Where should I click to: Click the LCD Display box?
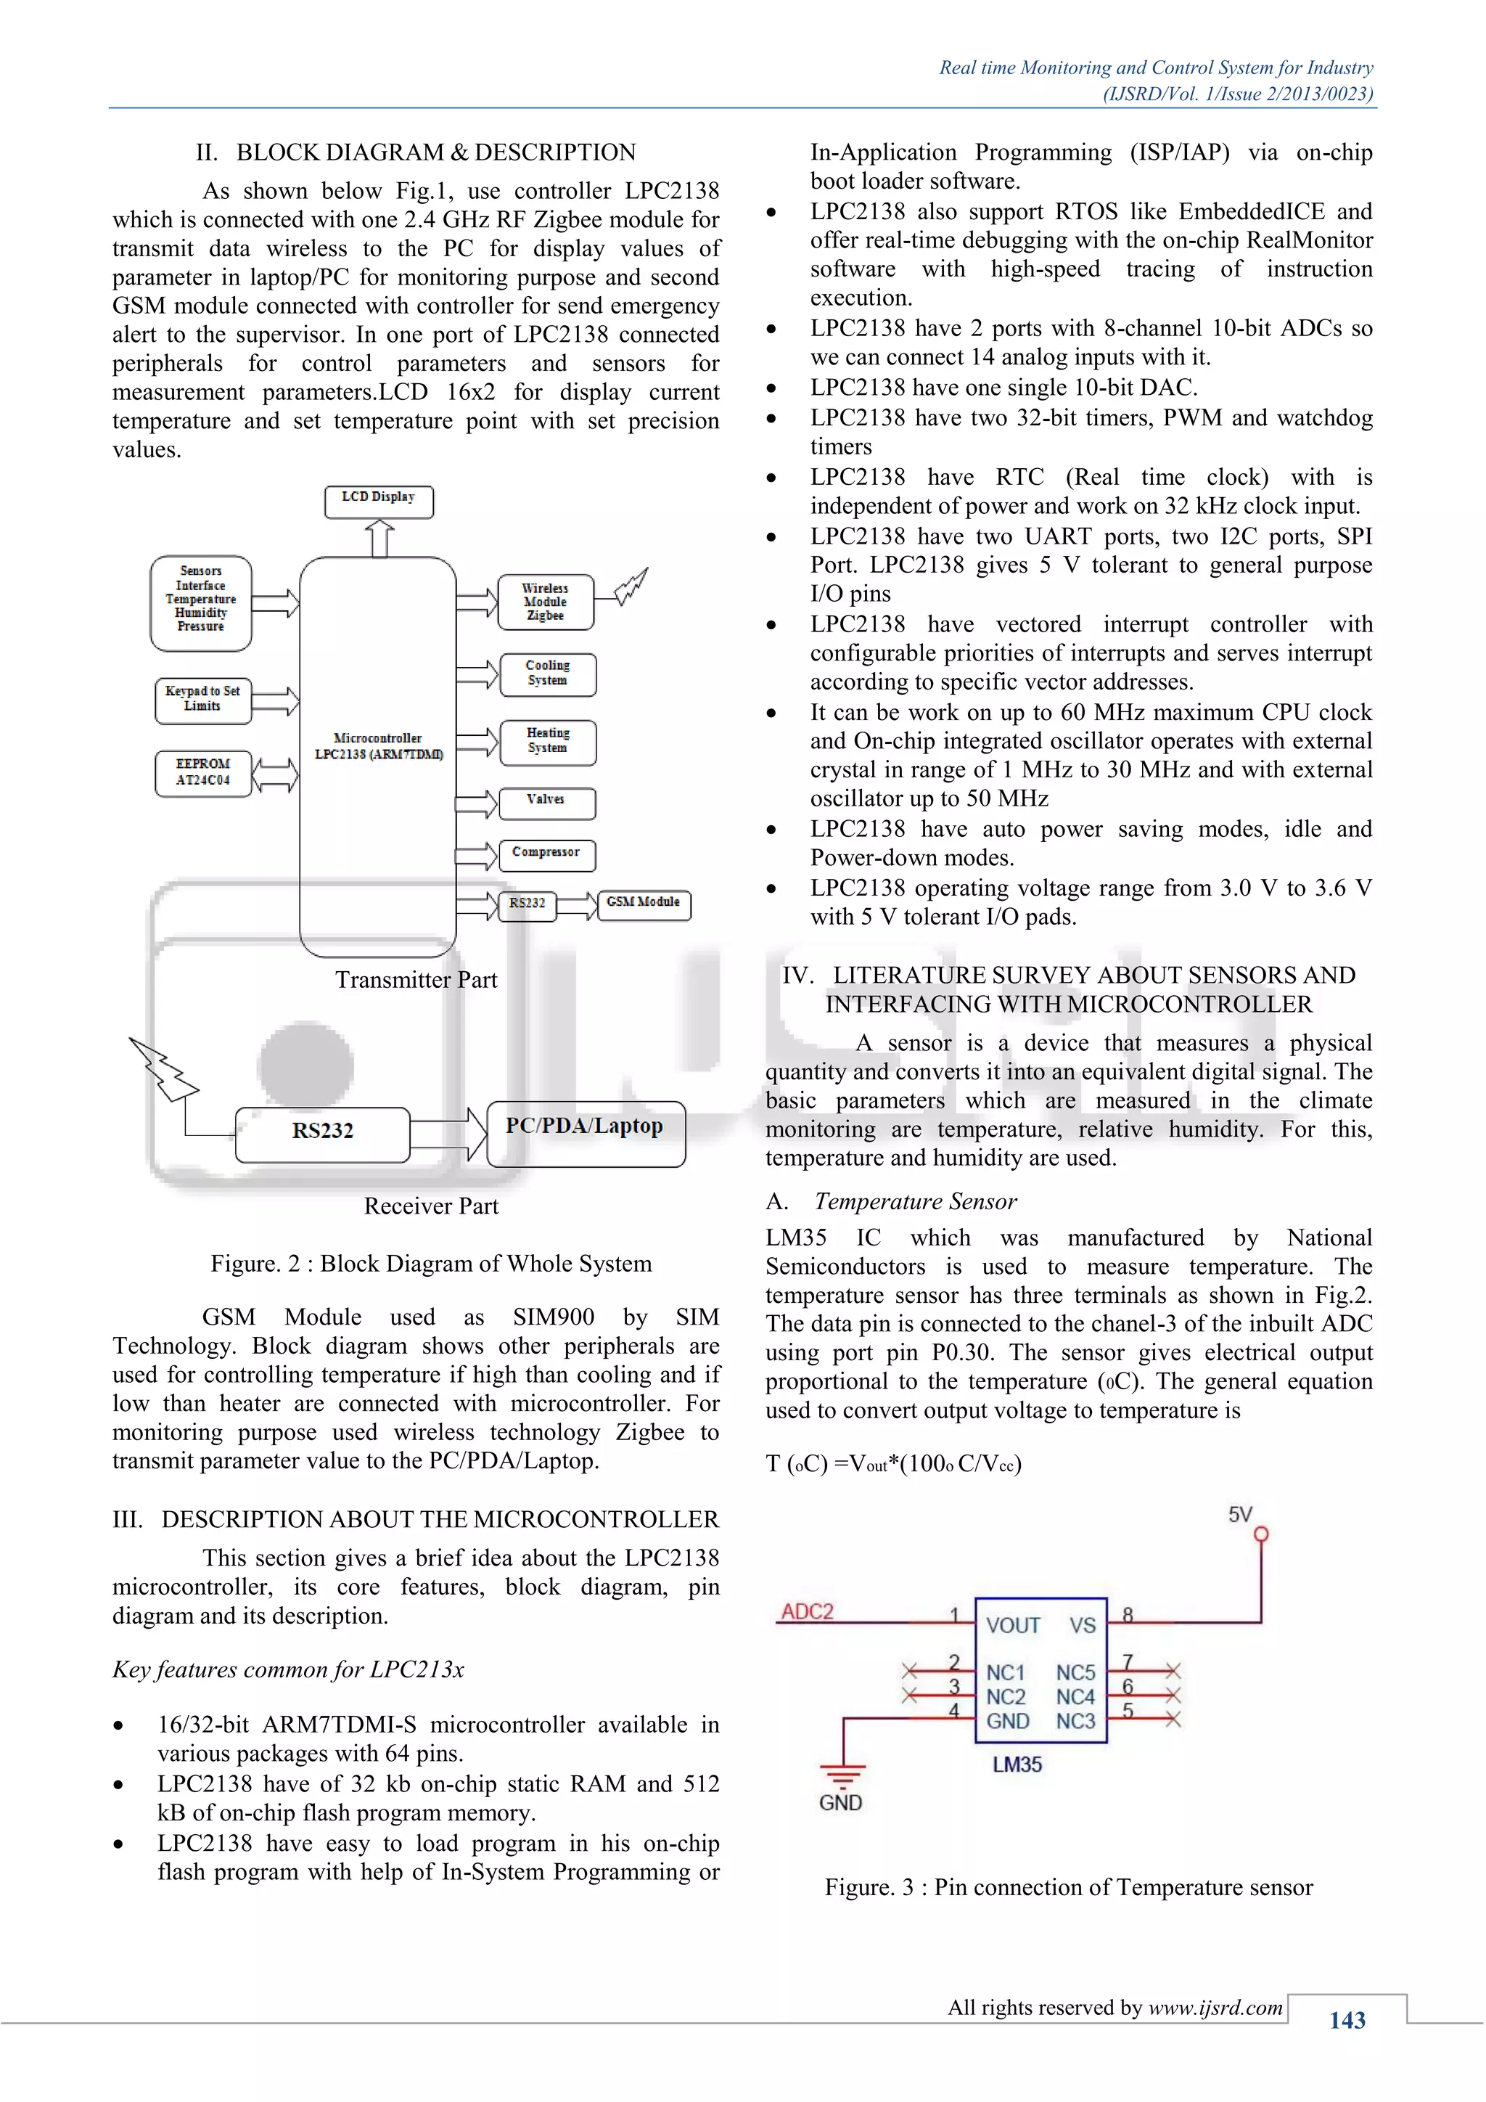[379, 501]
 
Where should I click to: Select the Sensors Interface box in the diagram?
[201, 602]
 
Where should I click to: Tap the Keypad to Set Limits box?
[202, 700]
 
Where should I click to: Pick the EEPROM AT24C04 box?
[203, 773]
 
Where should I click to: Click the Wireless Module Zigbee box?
[546, 602]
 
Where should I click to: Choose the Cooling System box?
[547, 673]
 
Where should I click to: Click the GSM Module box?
[644, 904]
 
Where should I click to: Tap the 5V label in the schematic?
[1240, 1514]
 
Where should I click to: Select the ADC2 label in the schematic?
[807, 1611]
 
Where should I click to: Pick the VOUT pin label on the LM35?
[1013, 1625]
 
